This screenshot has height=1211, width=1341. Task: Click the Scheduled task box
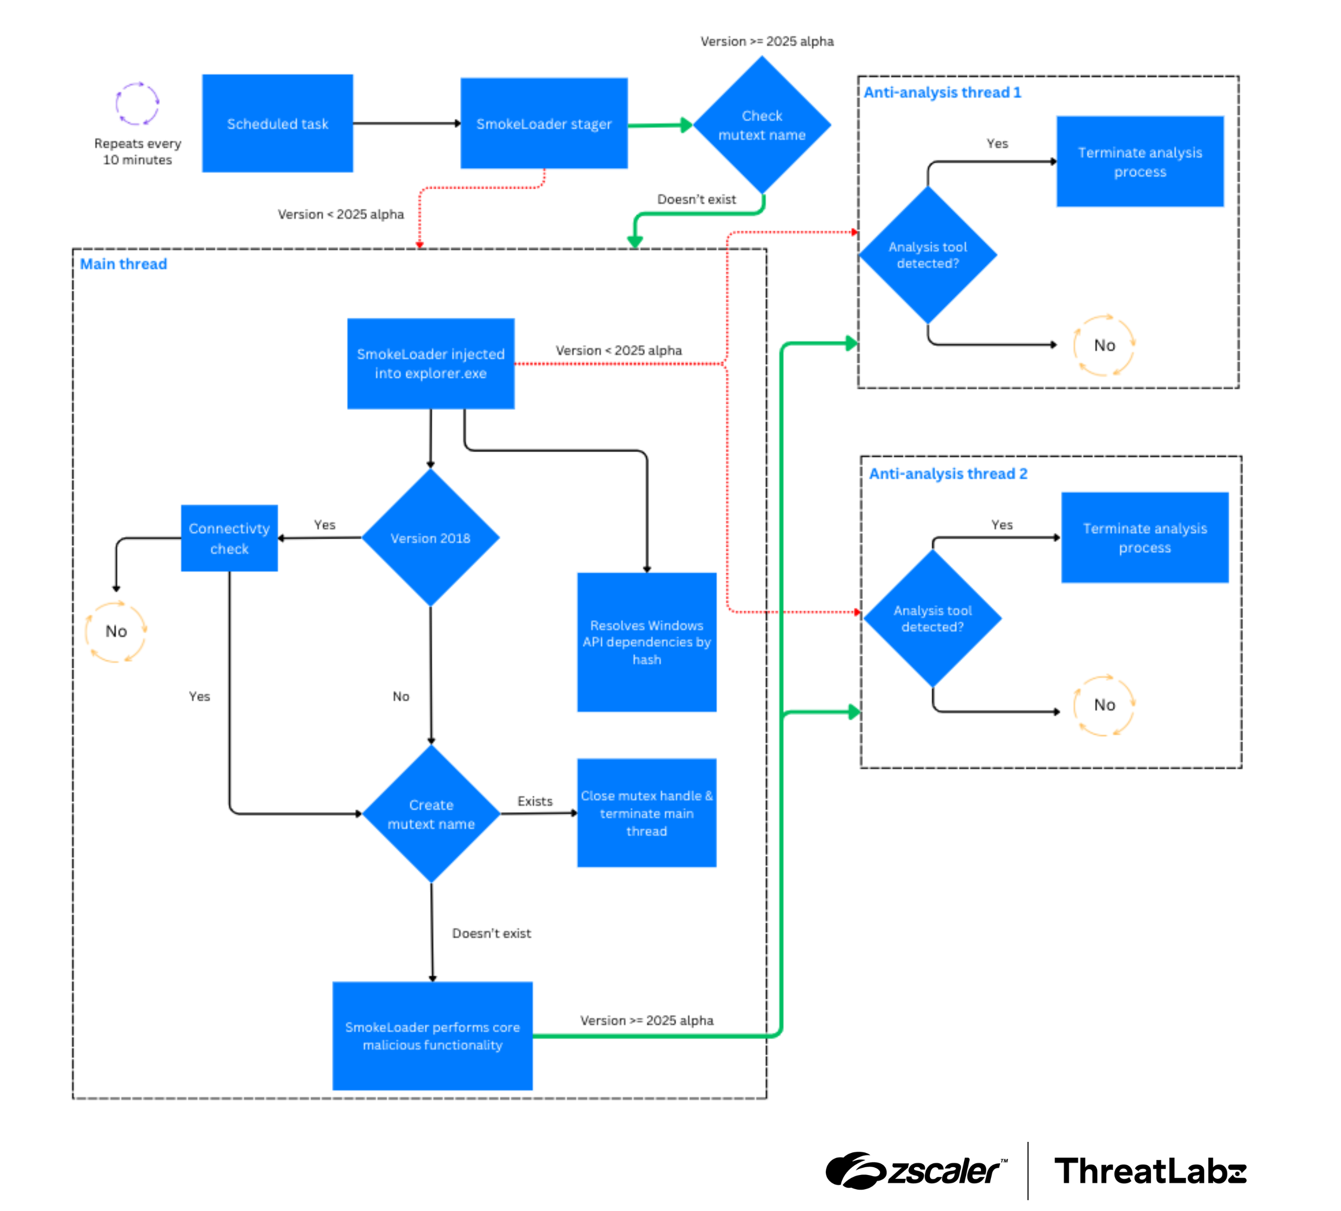pos(278,124)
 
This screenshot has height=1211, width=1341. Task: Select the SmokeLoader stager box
pos(543,124)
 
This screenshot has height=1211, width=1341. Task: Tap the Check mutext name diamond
pos(762,125)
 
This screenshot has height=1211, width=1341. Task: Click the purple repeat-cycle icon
pos(137,104)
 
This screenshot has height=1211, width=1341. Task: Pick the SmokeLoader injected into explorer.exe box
pos(430,364)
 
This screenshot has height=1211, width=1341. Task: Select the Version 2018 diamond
pos(430,538)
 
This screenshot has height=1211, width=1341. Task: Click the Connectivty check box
pos(229,538)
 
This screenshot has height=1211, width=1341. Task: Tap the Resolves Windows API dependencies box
pos(647,642)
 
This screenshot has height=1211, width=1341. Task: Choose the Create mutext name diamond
pos(431,814)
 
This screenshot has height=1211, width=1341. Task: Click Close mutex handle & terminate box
pos(647,813)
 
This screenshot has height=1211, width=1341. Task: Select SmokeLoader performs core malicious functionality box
pos(432,1035)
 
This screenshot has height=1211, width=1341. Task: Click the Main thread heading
pos(123,264)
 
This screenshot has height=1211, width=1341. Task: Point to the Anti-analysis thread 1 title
pos(942,92)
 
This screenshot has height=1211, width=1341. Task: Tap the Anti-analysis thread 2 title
pos(948,474)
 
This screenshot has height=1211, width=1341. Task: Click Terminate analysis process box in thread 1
pos(1139,162)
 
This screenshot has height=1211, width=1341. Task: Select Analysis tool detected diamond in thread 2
pos(932,619)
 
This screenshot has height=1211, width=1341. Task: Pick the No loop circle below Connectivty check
pos(116,632)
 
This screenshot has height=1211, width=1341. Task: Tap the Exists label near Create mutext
pos(535,801)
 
